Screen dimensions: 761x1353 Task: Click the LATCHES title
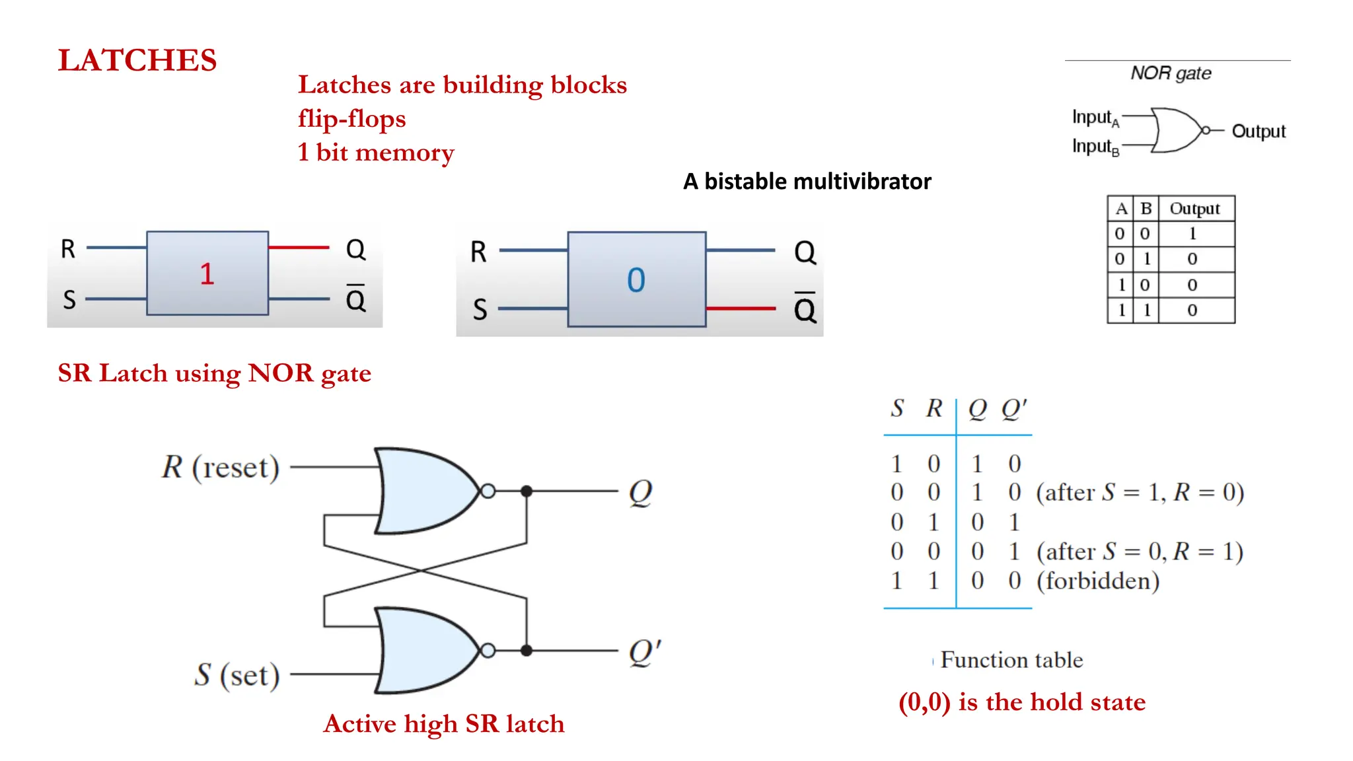coord(137,60)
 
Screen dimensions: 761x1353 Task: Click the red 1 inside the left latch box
coord(207,273)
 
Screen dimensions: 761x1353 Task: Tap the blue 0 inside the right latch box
coord(636,280)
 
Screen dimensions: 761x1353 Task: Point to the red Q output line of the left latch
coord(299,248)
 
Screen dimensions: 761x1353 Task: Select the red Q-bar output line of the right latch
coord(740,308)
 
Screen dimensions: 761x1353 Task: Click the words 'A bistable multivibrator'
coord(807,181)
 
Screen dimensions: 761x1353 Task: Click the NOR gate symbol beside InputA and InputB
coord(1177,130)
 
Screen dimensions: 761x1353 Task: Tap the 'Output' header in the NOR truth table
coord(1194,209)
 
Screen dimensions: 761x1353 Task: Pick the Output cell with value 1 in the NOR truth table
coord(1192,234)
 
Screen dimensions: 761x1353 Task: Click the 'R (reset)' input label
coord(221,467)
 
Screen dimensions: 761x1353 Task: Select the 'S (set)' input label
coord(237,674)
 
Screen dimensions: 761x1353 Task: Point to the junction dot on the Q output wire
coord(527,491)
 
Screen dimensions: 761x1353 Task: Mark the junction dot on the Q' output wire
coord(527,651)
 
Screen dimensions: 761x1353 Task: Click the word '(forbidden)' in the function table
coord(1097,581)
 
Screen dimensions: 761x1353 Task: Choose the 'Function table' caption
coord(1011,660)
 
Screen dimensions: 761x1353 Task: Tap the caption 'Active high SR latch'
coord(444,724)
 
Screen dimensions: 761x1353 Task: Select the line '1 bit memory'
coord(375,153)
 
